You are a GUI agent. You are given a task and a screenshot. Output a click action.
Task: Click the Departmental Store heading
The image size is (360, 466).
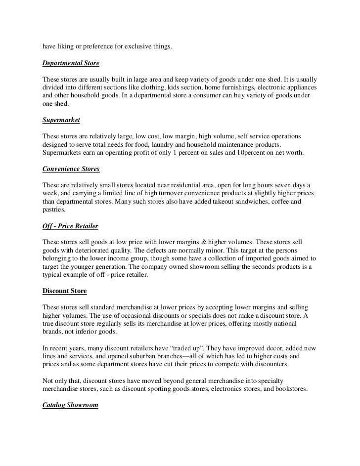click(x=71, y=64)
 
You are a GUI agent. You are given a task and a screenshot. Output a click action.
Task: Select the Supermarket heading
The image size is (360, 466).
click(x=61, y=121)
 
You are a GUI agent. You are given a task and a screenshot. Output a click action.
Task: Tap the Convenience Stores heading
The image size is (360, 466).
click(x=71, y=169)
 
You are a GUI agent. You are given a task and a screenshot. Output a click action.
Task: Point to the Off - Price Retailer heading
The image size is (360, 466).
click(x=70, y=226)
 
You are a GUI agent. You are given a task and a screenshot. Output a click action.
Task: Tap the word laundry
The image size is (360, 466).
click(x=187, y=145)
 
